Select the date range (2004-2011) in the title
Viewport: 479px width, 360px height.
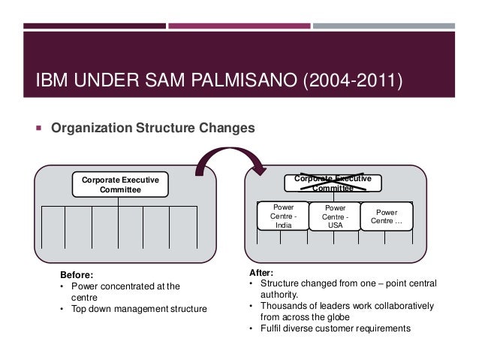tap(350, 79)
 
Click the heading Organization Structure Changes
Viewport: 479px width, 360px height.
tap(153, 129)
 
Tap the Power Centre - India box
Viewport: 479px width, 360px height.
tap(282, 216)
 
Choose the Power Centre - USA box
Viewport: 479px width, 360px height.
tap(335, 216)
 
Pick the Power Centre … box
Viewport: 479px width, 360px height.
tap(387, 216)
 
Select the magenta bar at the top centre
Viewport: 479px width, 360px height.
tap(239, 25)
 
